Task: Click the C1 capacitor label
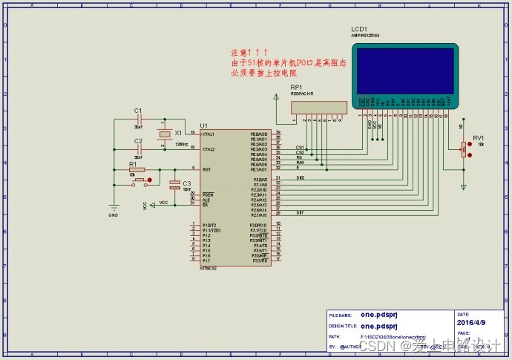(x=137, y=111)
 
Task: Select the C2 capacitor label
(x=137, y=140)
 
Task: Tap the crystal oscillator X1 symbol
(x=164, y=135)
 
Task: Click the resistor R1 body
(x=138, y=170)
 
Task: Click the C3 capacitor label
(x=186, y=183)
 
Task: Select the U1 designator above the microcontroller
(x=204, y=125)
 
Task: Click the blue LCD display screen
(x=405, y=69)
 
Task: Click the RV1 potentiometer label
(x=478, y=138)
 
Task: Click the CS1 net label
(x=300, y=147)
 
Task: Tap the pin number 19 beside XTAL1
(x=193, y=132)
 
